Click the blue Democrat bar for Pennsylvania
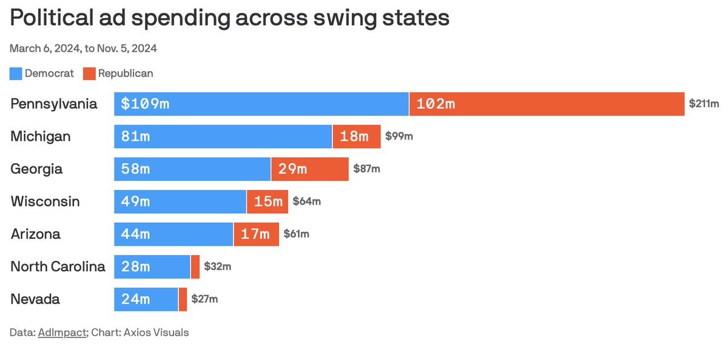point(261,104)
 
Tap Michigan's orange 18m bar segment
point(357,137)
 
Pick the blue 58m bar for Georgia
point(192,169)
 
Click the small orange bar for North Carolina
point(195,267)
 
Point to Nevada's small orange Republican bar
point(183,299)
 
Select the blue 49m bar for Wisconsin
point(180,202)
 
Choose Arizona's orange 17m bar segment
point(256,234)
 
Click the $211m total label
point(704,104)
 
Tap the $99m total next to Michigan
point(399,137)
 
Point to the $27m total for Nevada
point(204,299)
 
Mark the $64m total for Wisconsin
point(306,202)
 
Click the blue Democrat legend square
point(16,73)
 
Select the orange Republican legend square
point(89,73)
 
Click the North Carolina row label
point(58,267)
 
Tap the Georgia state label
point(36,169)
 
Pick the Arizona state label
point(35,234)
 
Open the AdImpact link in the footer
point(62,333)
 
